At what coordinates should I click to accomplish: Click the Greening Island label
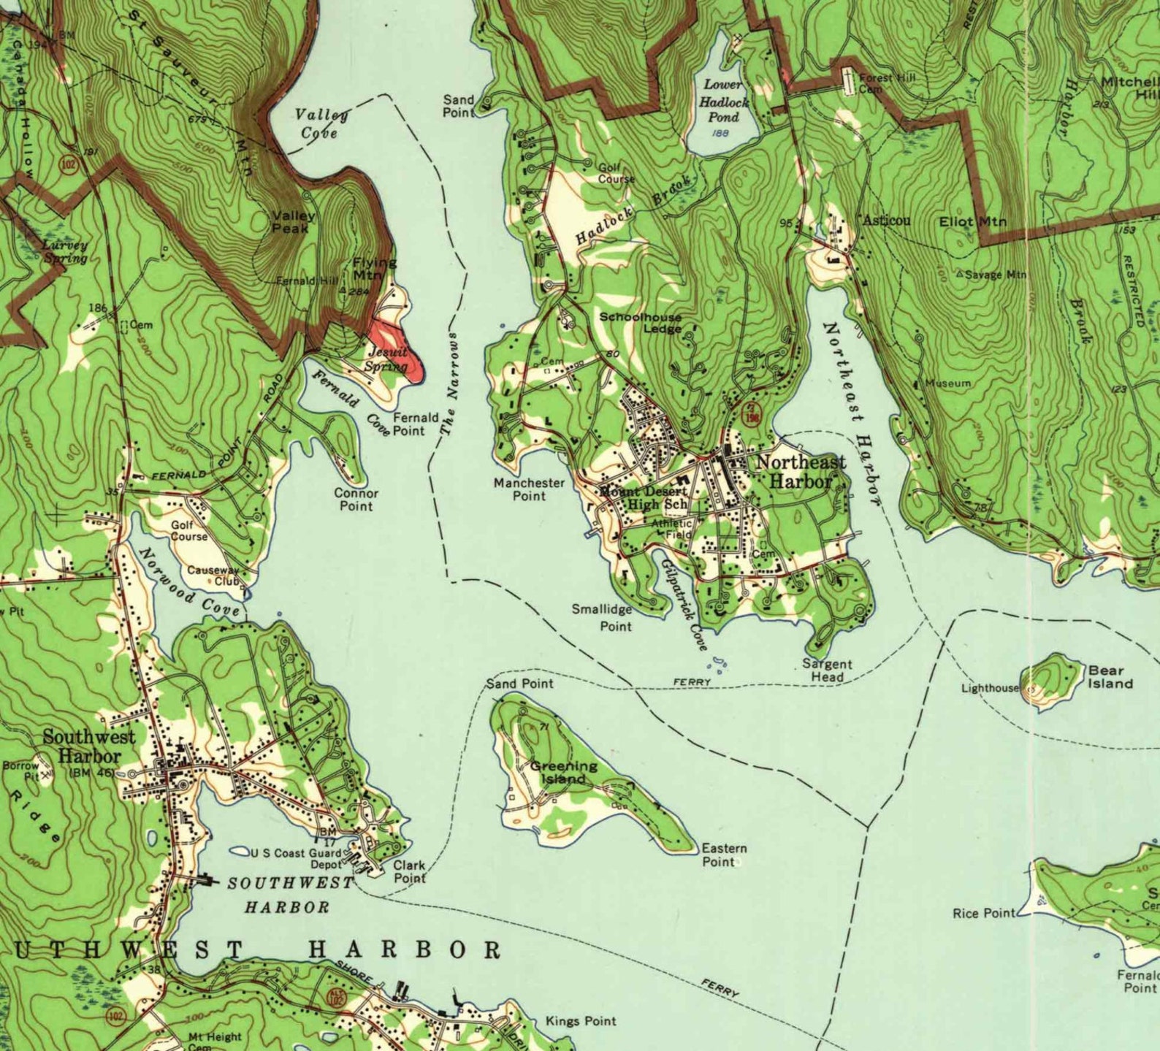(x=563, y=772)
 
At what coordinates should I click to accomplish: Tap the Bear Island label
(x=1110, y=677)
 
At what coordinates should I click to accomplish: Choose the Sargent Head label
(x=827, y=670)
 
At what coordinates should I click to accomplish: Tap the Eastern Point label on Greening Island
(x=723, y=855)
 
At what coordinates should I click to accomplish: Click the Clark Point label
(x=409, y=871)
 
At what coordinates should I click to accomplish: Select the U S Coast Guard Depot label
(x=296, y=858)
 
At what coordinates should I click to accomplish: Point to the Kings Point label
(x=581, y=1021)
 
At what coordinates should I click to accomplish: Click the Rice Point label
(x=983, y=913)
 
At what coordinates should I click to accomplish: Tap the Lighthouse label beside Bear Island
(x=989, y=688)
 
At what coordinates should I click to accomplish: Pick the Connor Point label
(x=356, y=500)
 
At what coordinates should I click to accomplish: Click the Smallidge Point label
(x=602, y=617)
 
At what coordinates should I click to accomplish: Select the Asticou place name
(x=887, y=221)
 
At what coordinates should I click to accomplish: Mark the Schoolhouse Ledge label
(x=641, y=323)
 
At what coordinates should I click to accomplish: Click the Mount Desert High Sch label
(x=643, y=498)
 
